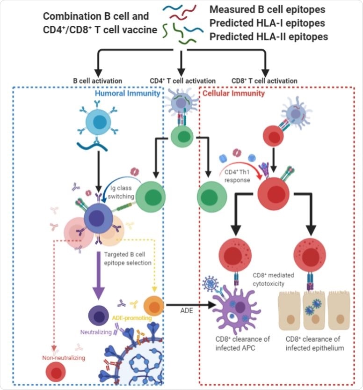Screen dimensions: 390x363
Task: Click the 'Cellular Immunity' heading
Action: [x=228, y=94]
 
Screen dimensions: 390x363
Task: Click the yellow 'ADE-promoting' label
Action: [x=132, y=318]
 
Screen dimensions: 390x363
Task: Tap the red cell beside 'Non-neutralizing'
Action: [x=57, y=373]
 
